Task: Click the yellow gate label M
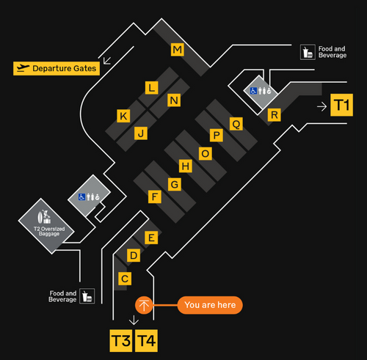point(178,50)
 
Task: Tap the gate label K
point(123,116)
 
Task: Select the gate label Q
point(236,124)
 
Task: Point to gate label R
point(275,115)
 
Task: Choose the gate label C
point(125,279)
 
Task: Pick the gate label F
point(155,196)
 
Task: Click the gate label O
point(206,154)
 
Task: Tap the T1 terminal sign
point(341,105)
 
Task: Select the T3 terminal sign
point(121,341)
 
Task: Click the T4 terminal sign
point(146,341)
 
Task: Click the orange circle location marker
point(144,305)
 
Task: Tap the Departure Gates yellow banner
point(57,68)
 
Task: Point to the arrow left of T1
point(321,106)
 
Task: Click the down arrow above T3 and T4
point(134,320)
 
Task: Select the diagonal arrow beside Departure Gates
point(107,61)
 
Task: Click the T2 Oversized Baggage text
point(49,231)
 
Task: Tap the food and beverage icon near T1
point(308,52)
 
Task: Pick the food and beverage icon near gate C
point(87,296)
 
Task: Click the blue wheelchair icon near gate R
point(253,91)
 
